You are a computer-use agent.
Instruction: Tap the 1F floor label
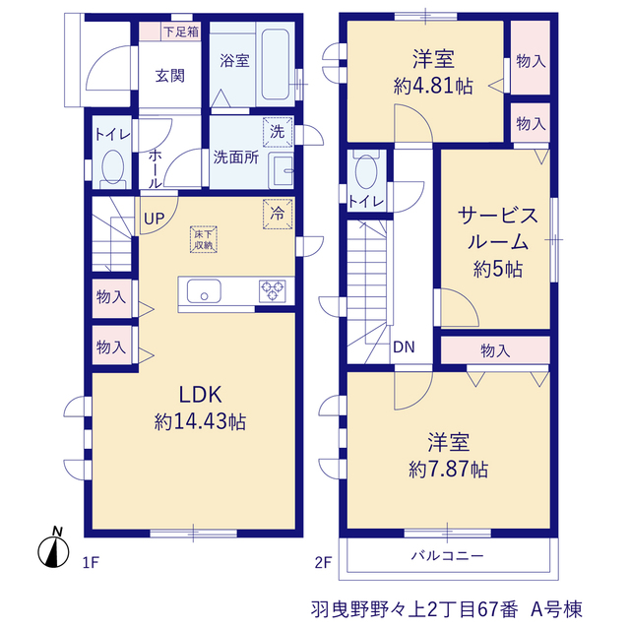(x=91, y=562)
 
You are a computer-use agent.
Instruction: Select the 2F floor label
(x=323, y=562)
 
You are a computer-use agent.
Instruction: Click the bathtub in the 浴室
(x=276, y=63)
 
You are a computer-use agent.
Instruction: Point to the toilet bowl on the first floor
(x=113, y=167)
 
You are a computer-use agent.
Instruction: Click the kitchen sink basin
(x=204, y=291)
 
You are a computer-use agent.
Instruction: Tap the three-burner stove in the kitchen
(x=273, y=291)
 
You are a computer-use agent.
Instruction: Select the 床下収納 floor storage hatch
(x=204, y=239)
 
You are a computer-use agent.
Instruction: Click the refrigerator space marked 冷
(x=278, y=215)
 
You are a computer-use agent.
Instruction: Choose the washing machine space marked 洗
(x=278, y=132)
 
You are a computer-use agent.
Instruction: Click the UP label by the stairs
(x=155, y=219)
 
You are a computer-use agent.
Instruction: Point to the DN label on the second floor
(x=404, y=347)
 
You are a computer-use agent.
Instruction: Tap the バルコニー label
(x=447, y=556)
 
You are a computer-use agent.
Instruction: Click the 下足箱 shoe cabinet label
(x=181, y=31)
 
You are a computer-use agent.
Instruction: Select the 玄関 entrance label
(x=170, y=76)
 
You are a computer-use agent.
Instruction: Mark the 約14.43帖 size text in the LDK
(x=200, y=422)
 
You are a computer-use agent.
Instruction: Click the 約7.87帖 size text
(x=449, y=469)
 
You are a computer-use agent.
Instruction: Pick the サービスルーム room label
(x=498, y=229)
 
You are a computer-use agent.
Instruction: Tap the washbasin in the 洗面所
(x=282, y=170)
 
